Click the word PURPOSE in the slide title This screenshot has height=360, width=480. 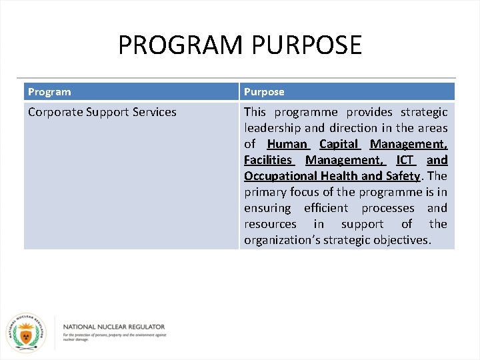click(x=307, y=45)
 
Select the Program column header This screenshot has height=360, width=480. click(x=49, y=92)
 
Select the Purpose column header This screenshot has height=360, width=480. click(x=264, y=92)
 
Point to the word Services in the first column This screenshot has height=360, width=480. click(x=155, y=112)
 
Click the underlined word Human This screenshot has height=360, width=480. click(x=287, y=144)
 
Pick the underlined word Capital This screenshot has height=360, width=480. click(x=339, y=144)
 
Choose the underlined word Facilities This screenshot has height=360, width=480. click(x=268, y=160)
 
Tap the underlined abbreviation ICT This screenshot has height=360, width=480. click(x=405, y=160)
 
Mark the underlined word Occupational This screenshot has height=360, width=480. click(x=279, y=176)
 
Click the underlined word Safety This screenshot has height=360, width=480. click(x=402, y=176)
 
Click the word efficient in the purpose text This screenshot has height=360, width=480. click(x=326, y=208)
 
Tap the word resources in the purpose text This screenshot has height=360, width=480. click(x=270, y=224)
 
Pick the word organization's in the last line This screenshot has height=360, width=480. click(x=282, y=240)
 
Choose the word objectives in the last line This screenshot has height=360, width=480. click(x=402, y=240)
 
